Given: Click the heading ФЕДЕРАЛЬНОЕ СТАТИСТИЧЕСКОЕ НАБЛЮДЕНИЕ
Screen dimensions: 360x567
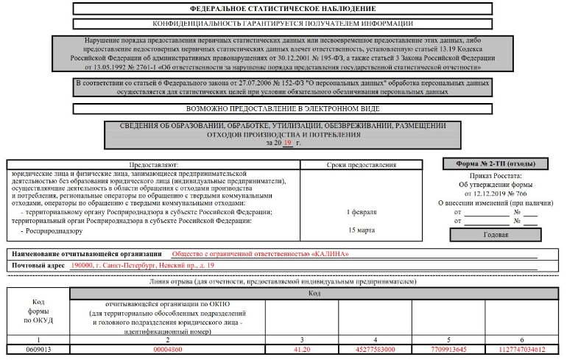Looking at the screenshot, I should tap(282, 8).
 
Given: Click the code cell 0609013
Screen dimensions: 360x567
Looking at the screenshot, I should tap(38, 348).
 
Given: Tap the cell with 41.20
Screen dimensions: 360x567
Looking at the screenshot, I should tap(302, 348).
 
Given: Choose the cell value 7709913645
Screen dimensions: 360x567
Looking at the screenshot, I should tap(447, 348).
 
